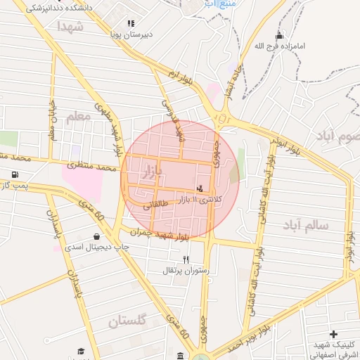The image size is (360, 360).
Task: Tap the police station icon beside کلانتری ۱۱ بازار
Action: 201,188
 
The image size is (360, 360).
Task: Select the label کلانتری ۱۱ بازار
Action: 202,200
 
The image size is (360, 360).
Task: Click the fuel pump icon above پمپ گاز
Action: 15,174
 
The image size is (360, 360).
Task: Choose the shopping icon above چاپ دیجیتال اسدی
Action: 96,237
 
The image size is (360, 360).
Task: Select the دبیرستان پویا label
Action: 131,34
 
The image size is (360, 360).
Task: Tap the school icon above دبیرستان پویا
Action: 131,23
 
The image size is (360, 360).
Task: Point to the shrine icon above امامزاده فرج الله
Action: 280,36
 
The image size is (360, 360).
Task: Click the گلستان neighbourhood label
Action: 127,321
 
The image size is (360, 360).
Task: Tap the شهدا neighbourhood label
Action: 71,27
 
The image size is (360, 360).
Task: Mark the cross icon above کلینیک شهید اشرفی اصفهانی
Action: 333,334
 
